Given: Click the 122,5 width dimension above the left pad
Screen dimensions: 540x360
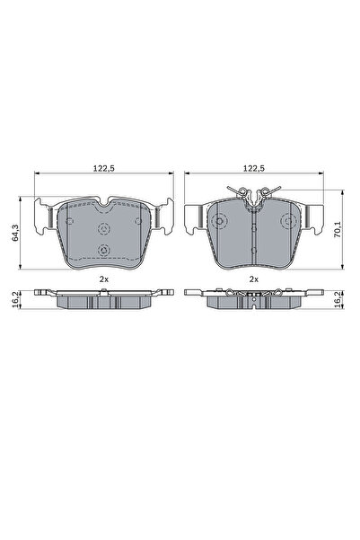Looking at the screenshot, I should coord(103,166).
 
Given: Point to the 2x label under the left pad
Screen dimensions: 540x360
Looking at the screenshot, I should coord(103,279).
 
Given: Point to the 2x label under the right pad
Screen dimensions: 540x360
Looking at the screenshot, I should coord(254,279).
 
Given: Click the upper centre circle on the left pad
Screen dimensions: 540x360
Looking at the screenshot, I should coord(103,226).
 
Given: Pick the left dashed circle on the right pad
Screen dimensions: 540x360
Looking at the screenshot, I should coord(219,221).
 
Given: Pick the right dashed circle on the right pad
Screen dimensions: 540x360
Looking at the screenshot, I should coord(288,221).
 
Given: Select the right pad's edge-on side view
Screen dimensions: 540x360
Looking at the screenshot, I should coord(254,297).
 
